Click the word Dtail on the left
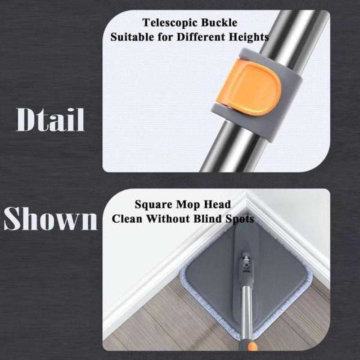pos(50,120)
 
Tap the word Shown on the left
pos(50,218)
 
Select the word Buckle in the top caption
pos(219,22)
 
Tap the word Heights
pos(249,37)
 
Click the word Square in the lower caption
pos(153,205)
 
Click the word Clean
pos(127,218)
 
